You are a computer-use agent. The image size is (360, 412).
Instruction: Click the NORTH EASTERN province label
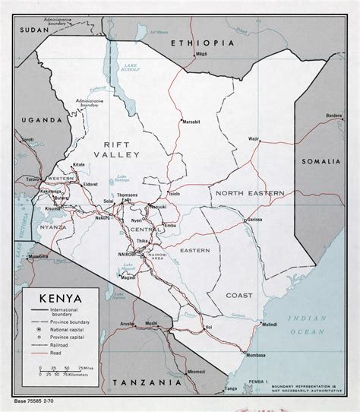click(x=249, y=193)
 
